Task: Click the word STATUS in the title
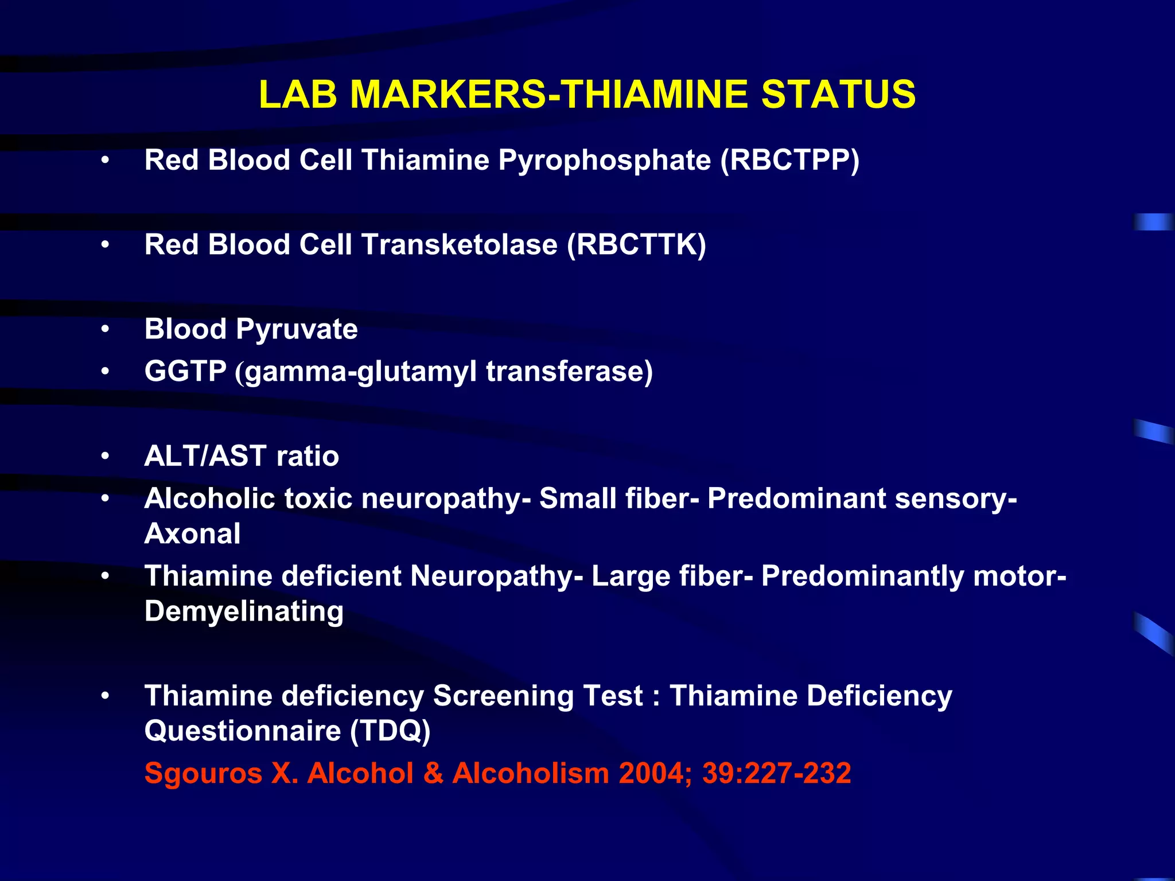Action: pyautogui.click(x=838, y=95)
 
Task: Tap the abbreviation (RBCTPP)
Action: pyautogui.click(x=790, y=160)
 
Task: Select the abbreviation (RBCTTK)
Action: pyautogui.click(x=636, y=245)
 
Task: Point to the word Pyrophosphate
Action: pyautogui.click(x=605, y=161)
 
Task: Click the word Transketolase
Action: pyautogui.click(x=459, y=245)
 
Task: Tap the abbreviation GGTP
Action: pyautogui.click(x=185, y=371)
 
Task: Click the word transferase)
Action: pyautogui.click(x=569, y=371)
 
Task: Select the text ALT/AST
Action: pyautogui.click(x=205, y=457)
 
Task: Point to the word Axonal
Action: pyautogui.click(x=192, y=534)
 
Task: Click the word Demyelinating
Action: pyautogui.click(x=244, y=612)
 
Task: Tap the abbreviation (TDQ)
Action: pyautogui.click(x=390, y=731)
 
